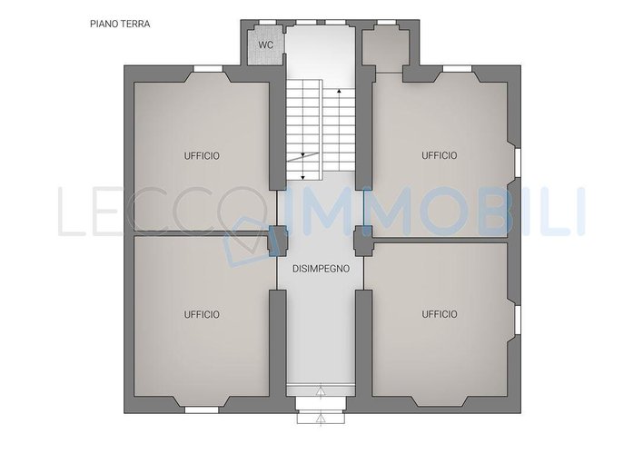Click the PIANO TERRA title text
coord(120,24)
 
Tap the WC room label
coord(266,45)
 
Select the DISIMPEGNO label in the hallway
coord(321,269)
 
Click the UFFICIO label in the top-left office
coord(202,156)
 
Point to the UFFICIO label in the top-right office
coord(440,155)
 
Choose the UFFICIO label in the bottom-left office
coord(202,314)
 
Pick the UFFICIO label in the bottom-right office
coord(440,314)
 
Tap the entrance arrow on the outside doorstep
coord(321,419)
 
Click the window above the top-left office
coord(208,68)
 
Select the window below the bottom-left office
coord(202,410)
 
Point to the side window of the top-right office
coord(518,163)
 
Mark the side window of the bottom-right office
coord(518,320)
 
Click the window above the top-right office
coord(458,68)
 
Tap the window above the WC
coord(267,22)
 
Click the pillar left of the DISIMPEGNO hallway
coord(277,242)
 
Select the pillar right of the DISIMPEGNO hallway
coord(363,242)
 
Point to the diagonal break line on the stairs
coord(303,157)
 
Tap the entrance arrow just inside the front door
coord(321,391)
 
